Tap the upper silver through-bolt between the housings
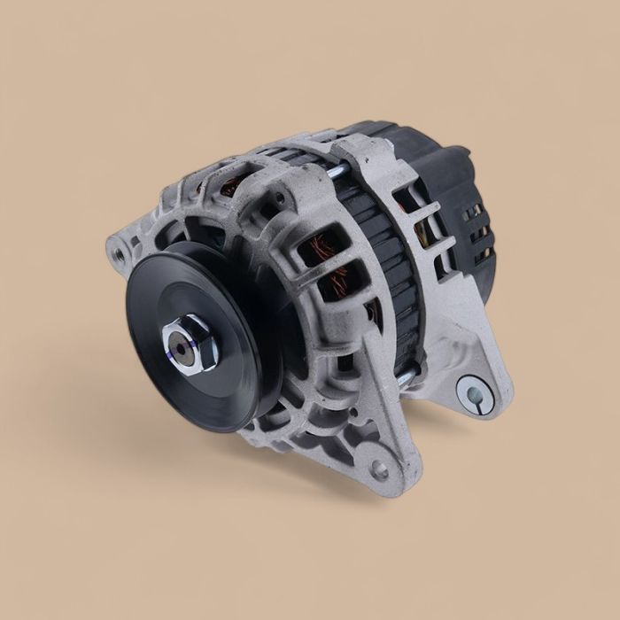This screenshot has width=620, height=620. coord(338,171)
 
